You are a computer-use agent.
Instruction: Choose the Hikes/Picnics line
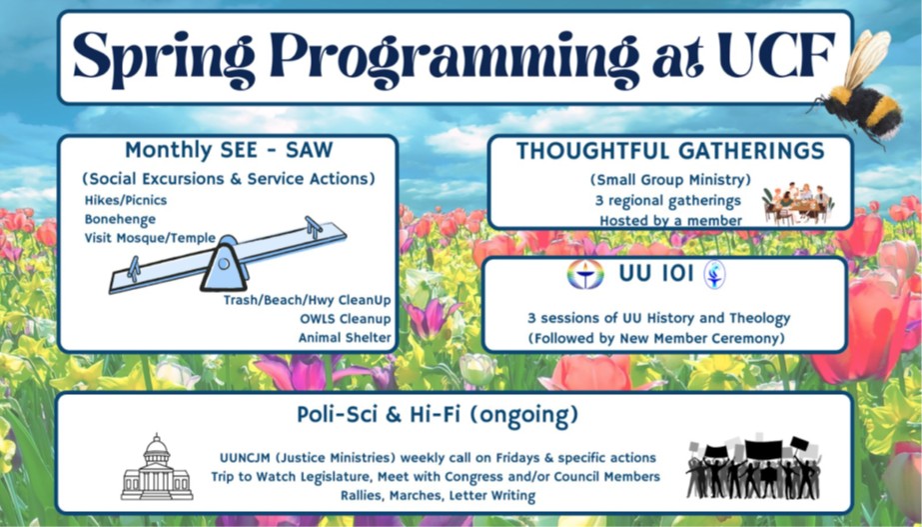[125, 199]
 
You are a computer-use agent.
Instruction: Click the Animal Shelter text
[344, 337]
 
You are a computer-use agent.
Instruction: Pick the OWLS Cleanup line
[345, 318]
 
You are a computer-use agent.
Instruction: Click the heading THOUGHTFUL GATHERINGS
[669, 152]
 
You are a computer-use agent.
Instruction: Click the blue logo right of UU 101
[715, 275]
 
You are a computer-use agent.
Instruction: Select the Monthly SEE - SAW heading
[229, 151]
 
